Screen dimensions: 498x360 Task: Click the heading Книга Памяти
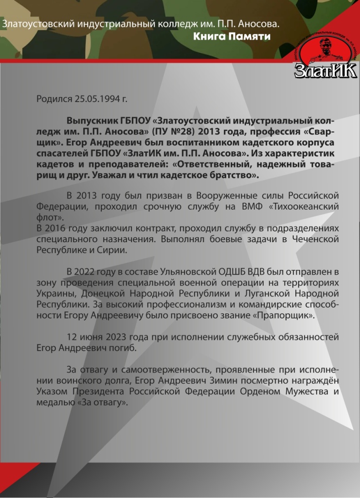click(x=232, y=36)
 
